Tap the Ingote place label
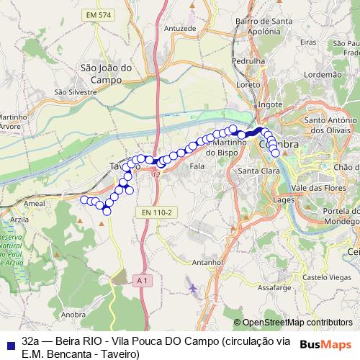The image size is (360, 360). coord(270,104)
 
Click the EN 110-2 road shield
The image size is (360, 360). coord(156,212)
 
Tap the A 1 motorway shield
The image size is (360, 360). coord(141,280)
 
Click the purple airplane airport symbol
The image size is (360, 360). coord(192,289)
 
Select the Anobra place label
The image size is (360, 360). coord(74,314)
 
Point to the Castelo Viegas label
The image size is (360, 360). coord(325,276)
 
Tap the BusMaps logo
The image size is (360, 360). coord(325,344)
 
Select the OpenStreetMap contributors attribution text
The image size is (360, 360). coord(297,323)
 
